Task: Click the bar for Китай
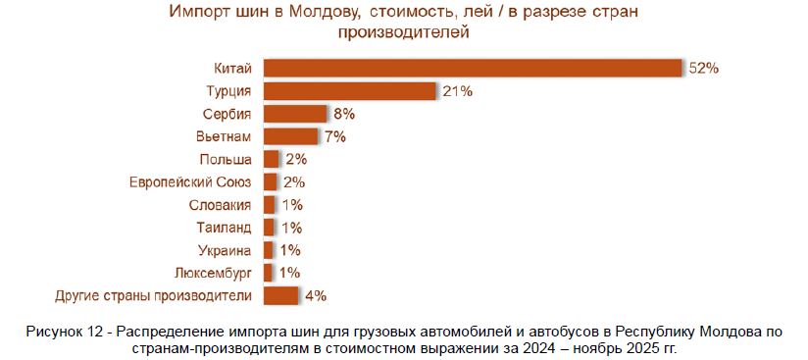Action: [473, 68]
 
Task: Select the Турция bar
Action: [350, 91]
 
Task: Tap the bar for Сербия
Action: [295, 114]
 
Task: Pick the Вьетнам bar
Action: [290, 136]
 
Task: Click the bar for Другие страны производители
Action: [280, 296]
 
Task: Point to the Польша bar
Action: [271, 159]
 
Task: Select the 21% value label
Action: [458, 92]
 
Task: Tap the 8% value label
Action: [344, 115]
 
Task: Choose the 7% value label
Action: [335, 137]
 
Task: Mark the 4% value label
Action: [316, 296]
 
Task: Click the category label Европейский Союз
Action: [190, 182]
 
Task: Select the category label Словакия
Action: [220, 205]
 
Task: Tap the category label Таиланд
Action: [225, 228]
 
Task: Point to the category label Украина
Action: [225, 251]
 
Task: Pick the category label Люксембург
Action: [214, 274]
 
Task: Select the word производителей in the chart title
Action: [403, 32]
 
